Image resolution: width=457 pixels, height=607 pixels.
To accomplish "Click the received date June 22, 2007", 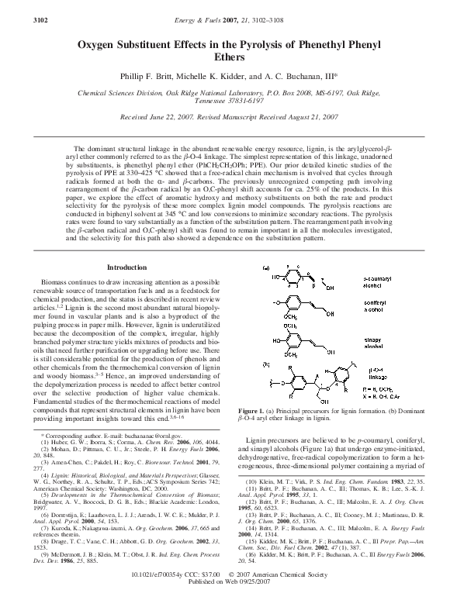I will tap(176, 116).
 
